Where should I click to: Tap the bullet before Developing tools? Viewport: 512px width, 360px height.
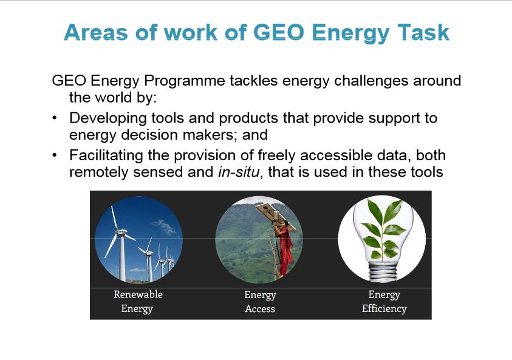[55, 118]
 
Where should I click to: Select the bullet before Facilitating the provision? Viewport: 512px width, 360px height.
[55, 156]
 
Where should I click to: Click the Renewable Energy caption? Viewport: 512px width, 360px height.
[138, 301]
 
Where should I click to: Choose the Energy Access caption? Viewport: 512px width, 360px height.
[260, 301]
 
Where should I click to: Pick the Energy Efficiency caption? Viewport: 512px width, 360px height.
[384, 301]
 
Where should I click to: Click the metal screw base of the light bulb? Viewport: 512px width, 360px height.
[381, 270]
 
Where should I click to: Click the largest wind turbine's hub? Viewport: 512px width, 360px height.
[120, 234]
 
